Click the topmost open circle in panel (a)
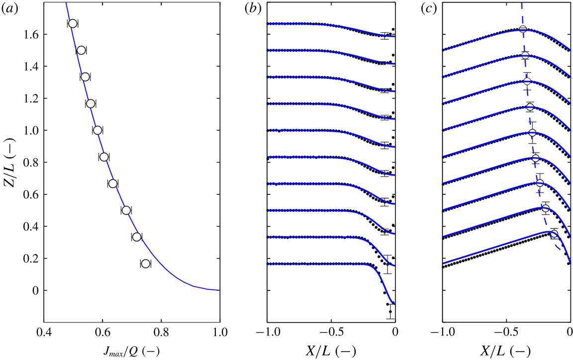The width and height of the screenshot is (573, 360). point(73,23)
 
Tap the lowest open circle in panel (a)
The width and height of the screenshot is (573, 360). point(145,264)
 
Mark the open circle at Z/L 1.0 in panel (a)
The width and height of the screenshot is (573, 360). point(97,130)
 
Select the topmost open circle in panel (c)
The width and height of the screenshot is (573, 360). point(523,29)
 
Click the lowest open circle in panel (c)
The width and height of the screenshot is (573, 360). point(554,234)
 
